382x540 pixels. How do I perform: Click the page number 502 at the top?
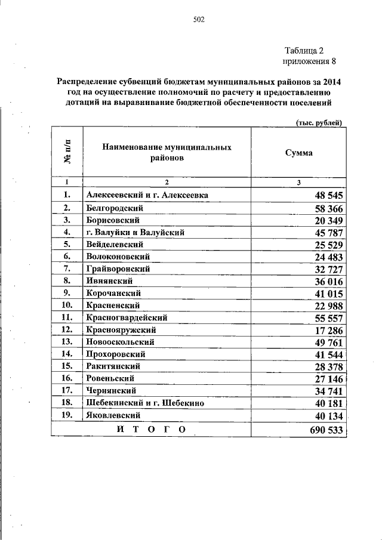[199, 20]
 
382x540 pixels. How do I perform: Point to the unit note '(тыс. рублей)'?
[319, 122]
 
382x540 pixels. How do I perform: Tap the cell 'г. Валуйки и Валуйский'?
[134, 232]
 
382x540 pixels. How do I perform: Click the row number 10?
[67, 305]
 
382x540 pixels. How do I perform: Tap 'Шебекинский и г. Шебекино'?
[145, 403]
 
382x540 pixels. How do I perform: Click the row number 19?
[67, 415]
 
